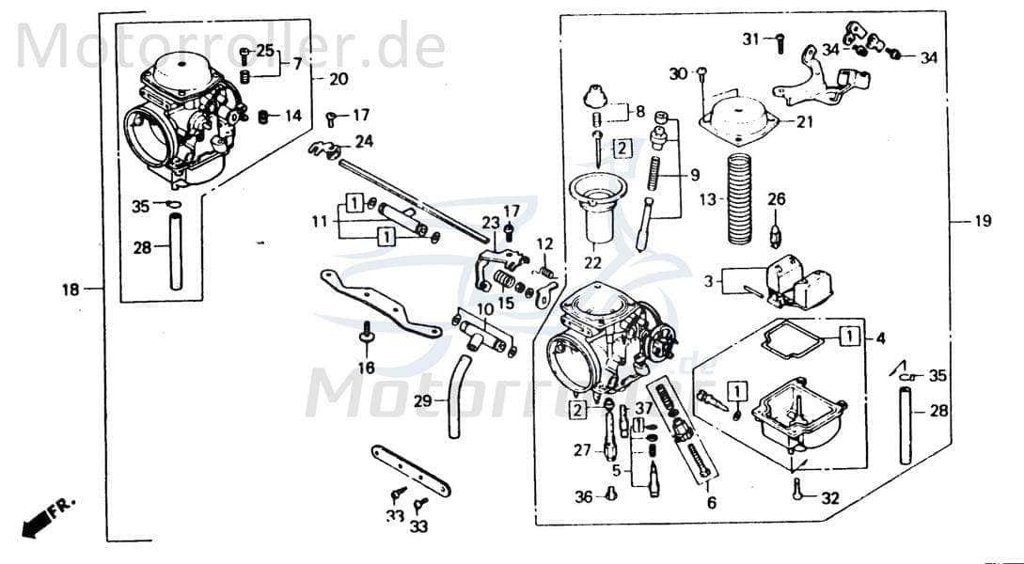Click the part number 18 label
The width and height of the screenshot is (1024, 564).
pos(71,290)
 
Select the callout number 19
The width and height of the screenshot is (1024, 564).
pos(982,222)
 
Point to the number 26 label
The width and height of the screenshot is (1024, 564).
pos(776,198)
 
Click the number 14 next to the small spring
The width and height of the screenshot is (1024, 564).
pos(293,116)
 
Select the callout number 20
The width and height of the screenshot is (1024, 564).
pos(338,78)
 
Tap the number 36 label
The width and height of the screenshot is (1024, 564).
pos(584,497)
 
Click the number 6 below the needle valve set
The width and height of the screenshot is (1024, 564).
pos(711,503)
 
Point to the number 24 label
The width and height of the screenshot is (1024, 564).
pos(364,143)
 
